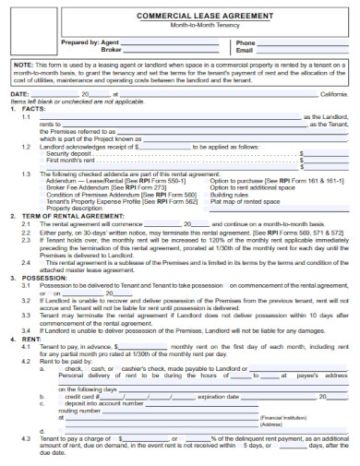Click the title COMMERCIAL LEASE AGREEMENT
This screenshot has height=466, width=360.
pos(179,17)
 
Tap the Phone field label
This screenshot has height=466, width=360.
pos(245,42)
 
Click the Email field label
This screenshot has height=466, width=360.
pos(244,50)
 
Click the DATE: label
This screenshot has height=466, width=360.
pos(18,93)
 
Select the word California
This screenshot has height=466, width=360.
pos(331,93)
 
